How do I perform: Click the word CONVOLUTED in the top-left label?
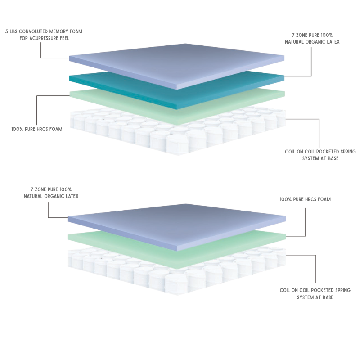pyautogui.click(x=33, y=31)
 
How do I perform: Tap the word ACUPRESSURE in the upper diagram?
pyautogui.click(x=44, y=38)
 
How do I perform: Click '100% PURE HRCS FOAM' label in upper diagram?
pyautogui.click(x=37, y=129)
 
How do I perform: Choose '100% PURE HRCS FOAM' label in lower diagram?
pyautogui.click(x=306, y=199)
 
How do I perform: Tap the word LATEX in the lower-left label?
pyautogui.click(x=72, y=196)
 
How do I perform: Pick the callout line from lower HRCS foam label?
pyautogui.click(x=305, y=226)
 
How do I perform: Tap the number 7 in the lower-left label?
pyautogui.click(x=32, y=189)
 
